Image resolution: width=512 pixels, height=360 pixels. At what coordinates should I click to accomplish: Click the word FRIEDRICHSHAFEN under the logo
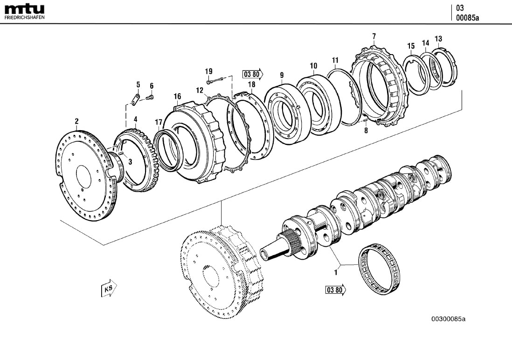[24, 17]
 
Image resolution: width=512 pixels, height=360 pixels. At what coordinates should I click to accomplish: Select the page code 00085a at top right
[467, 18]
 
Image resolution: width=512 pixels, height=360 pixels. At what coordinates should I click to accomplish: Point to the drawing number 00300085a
[448, 319]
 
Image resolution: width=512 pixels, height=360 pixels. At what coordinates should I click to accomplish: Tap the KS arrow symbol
[109, 289]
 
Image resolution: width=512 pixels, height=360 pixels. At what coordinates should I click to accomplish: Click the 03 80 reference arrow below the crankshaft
[336, 290]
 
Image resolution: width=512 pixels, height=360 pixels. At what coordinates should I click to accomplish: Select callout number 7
[374, 36]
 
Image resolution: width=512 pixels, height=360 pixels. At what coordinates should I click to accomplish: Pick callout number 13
[438, 38]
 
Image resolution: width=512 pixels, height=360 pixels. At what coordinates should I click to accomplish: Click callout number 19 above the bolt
[208, 71]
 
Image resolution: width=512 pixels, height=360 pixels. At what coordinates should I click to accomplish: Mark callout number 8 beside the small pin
[366, 131]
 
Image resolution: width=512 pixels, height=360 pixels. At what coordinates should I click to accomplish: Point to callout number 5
[138, 84]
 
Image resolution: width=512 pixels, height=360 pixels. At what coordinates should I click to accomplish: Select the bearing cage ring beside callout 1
[380, 270]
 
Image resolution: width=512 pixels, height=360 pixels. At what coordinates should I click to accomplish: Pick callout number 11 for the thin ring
[335, 60]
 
